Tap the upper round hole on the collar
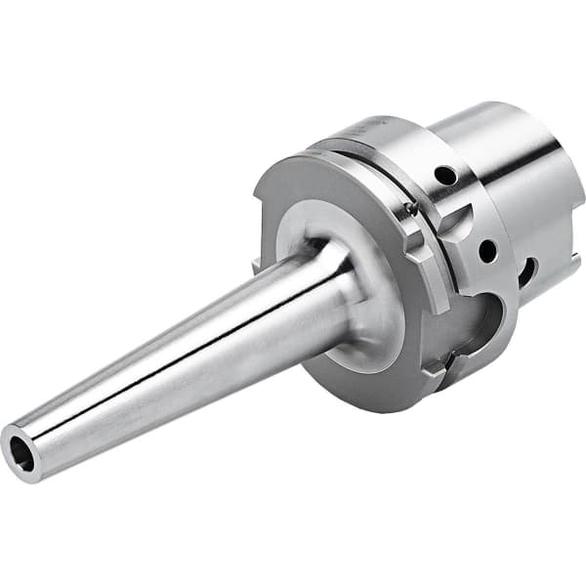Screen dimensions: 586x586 click(445, 177)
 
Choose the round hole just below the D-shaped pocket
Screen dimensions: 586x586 click(485, 250)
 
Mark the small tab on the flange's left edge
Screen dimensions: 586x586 click(256, 264)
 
